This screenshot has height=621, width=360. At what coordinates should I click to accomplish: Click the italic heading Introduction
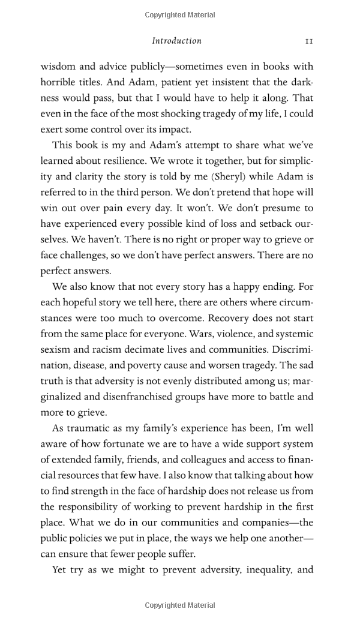(x=176, y=41)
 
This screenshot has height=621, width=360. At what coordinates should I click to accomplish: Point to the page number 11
(x=308, y=41)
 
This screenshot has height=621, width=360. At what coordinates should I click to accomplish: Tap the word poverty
(x=151, y=365)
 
